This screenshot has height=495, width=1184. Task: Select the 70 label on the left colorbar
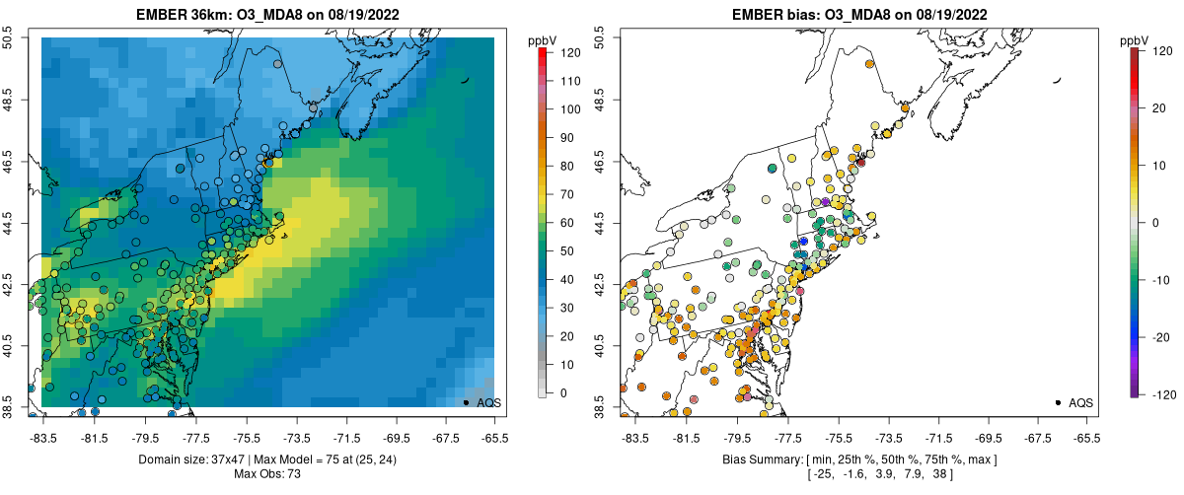(x=567, y=194)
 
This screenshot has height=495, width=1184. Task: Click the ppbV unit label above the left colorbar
(x=544, y=39)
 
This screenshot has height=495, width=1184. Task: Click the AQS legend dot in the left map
(x=466, y=402)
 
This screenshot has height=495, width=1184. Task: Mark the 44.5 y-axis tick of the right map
(x=599, y=223)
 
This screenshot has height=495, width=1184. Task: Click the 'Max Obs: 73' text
(x=268, y=474)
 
